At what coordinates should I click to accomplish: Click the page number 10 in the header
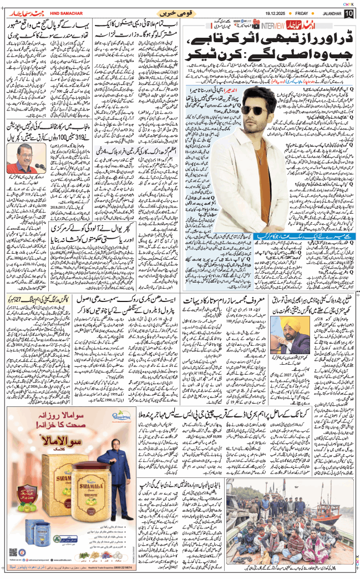click(348, 13)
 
